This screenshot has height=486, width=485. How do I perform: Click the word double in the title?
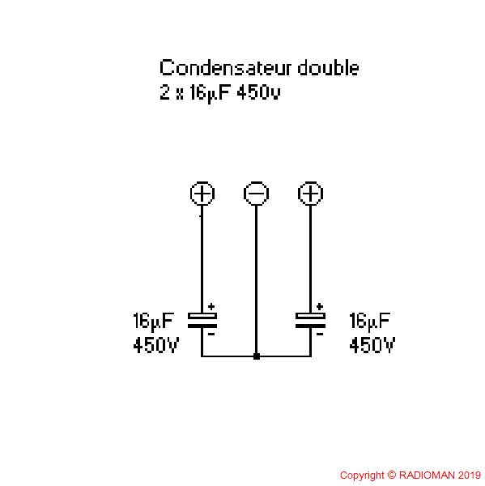point(328,68)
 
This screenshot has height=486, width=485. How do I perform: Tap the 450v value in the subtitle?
point(259,92)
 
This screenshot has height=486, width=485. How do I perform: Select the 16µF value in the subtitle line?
point(211,93)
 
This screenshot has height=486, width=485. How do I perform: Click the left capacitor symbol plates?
point(202,321)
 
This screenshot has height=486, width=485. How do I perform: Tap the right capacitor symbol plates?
point(310,321)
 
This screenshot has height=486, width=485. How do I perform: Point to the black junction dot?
point(257,356)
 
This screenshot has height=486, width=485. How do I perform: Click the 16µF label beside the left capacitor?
point(153,322)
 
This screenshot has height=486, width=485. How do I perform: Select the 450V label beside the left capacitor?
point(156,345)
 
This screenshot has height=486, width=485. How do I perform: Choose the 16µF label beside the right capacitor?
point(369,322)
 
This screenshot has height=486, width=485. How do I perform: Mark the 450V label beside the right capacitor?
point(372,345)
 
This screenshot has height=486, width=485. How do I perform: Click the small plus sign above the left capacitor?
point(211,306)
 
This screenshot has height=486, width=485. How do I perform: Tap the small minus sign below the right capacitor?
point(320,334)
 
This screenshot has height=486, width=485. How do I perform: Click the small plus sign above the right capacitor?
point(320,306)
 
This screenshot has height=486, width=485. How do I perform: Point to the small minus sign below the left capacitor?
point(211,334)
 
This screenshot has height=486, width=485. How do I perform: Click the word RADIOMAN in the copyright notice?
point(427,475)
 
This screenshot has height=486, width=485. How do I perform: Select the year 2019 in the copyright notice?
point(469,475)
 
